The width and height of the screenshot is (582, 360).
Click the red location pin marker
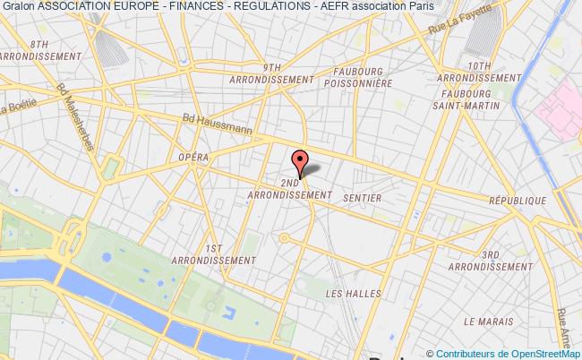pos(300,163)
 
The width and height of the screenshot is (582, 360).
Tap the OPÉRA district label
pos(194,158)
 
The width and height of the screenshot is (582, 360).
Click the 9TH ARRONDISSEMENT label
pos(273,73)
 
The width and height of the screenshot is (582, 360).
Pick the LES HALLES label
pos(347,294)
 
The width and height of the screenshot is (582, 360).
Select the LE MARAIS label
pos(488,321)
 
